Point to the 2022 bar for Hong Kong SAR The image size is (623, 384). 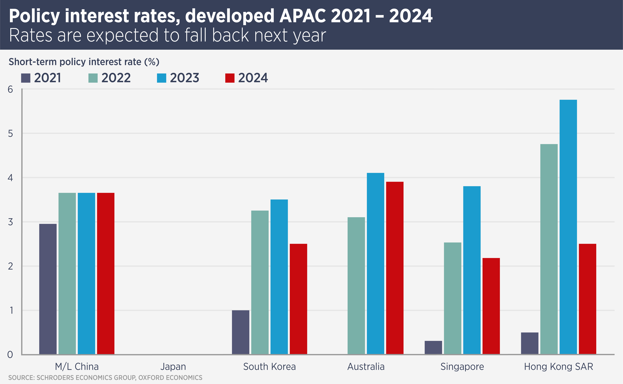point(549,249)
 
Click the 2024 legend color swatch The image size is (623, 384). point(230,78)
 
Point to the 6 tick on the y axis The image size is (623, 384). point(10,89)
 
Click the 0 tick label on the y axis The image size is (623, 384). point(10,355)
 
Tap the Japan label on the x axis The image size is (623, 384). point(173,366)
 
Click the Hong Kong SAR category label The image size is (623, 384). point(558,366)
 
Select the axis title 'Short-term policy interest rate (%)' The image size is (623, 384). point(84,62)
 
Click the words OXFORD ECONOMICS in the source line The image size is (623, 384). point(170,378)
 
